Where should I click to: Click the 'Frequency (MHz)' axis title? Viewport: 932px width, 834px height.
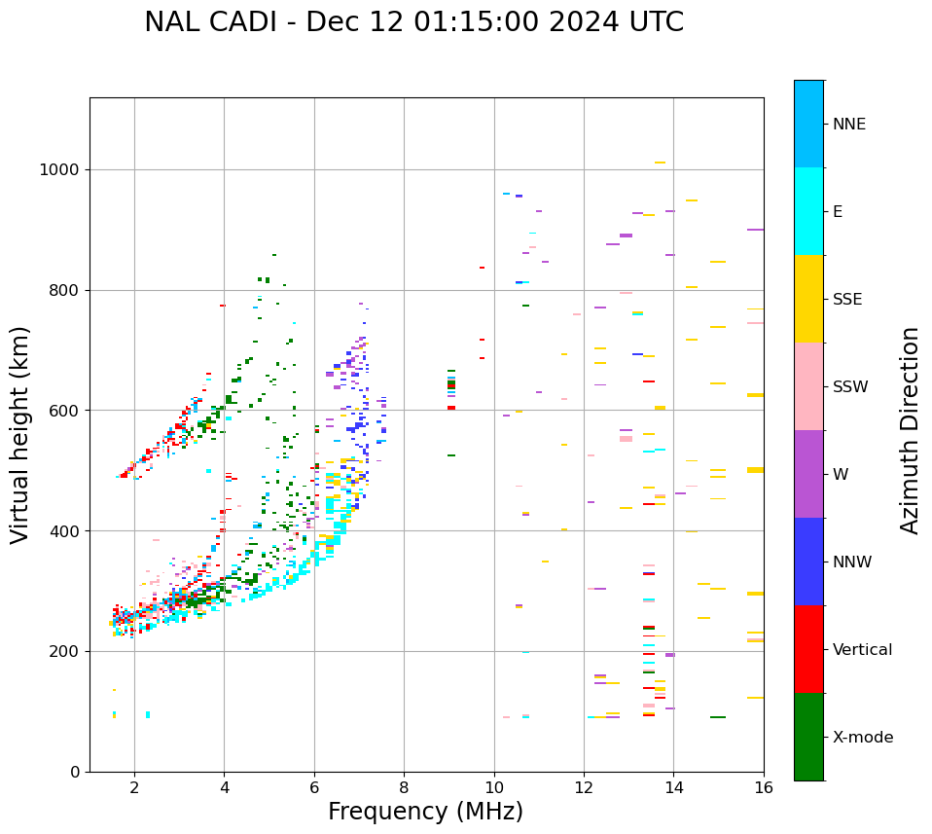[425, 812]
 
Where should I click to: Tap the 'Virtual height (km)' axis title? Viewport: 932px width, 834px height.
[20, 434]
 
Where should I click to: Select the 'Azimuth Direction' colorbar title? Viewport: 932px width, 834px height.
[910, 430]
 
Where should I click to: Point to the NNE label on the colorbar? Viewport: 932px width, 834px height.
[849, 125]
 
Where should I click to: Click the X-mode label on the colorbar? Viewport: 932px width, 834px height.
[863, 738]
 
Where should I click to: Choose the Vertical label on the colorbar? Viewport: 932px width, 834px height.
[863, 650]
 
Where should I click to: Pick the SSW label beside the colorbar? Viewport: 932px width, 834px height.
[850, 387]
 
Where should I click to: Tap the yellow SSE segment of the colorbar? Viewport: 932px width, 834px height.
[808, 299]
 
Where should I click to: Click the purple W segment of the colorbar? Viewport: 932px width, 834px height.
[808, 474]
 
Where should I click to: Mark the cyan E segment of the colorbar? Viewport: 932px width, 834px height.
[808, 211]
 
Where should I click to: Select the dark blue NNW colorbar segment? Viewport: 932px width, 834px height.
[808, 562]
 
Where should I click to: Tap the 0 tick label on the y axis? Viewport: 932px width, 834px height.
[76, 772]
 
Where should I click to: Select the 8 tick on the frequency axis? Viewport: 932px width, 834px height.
[404, 786]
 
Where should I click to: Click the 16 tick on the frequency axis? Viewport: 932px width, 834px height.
[764, 786]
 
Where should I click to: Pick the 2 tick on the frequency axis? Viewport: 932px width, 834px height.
[134, 786]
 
